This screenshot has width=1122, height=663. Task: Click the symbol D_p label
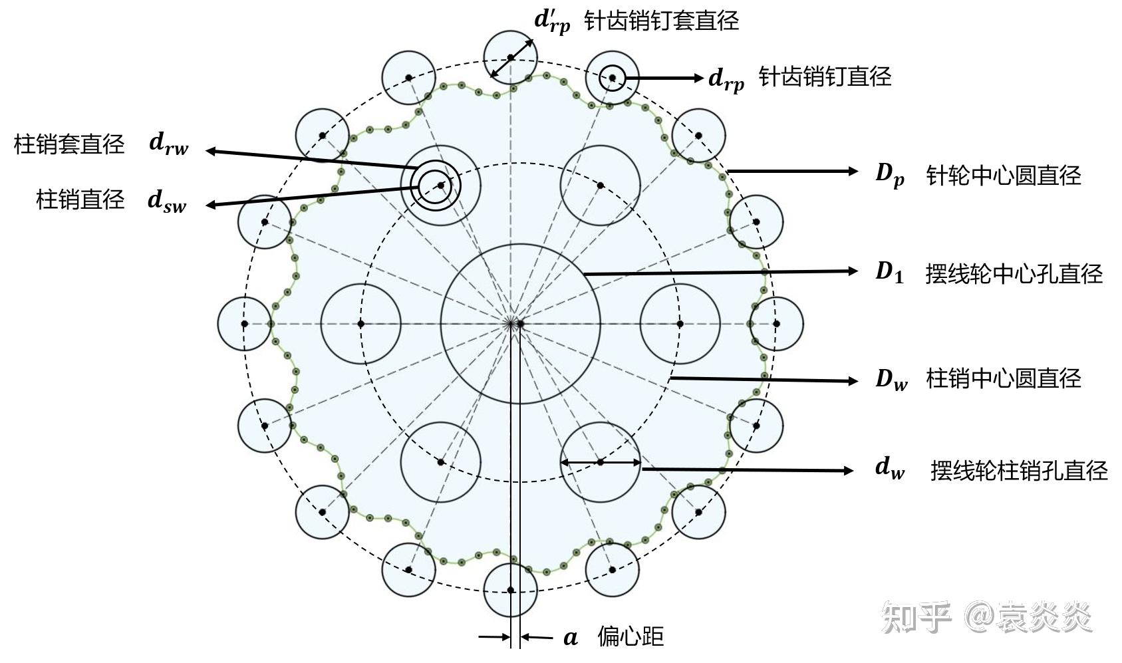click(x=889, y=175)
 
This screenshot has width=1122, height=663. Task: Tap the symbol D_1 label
click(x=889, y=272)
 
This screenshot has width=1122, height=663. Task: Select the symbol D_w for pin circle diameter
click(x=891, y=379)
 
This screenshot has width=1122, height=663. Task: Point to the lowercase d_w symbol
click(x=890, y=469)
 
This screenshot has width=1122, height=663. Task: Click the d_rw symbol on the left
click(x=168, y=144)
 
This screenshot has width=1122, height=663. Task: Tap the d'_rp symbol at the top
click(x=552, y=21)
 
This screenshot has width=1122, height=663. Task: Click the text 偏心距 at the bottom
click(x=631, y=636)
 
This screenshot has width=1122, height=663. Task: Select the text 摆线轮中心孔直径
click(x=1014, y=273)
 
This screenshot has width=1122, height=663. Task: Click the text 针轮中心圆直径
click(x=1004, y=176)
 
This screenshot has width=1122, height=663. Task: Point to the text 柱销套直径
click(x=69, y=144)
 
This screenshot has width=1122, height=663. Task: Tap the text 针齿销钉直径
click(x=825, y=77)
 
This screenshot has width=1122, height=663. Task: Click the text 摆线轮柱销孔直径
click(x=1019, y=470)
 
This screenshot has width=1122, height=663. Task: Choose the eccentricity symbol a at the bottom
click(x=571, y=638)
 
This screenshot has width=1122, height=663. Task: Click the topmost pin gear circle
click(x=510, y=57)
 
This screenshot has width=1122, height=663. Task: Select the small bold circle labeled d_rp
click(x=612, y=78)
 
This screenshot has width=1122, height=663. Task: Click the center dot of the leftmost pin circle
click(x=245, y=324)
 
